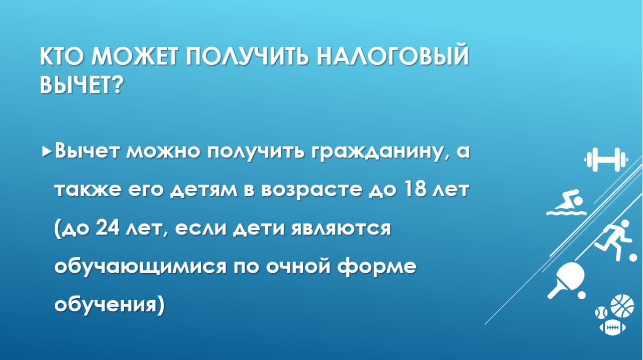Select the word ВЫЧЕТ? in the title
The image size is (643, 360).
pyautogui.click(x=81, y=85)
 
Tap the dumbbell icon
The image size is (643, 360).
pyautogui.click(x=606, y=160)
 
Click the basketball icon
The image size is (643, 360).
pyautogui.click(x=622, y=305)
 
